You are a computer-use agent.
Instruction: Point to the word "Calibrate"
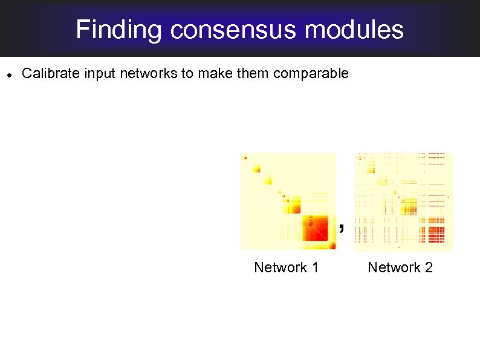[x=51, y=74]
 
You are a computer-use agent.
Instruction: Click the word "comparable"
[x=311, y=74]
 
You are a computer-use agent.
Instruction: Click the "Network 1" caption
[x=286, y=267]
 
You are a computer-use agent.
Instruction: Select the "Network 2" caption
[x=400, y=267]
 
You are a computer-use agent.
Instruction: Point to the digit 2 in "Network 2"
[x=428, y=267]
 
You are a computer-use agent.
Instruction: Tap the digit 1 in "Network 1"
[x=314, y=267]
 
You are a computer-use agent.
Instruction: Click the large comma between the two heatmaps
[x=342, y=228]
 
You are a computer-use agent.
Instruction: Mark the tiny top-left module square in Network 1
[x=245, y=158]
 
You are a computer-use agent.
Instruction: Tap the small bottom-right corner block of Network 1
[x=332, y=245]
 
